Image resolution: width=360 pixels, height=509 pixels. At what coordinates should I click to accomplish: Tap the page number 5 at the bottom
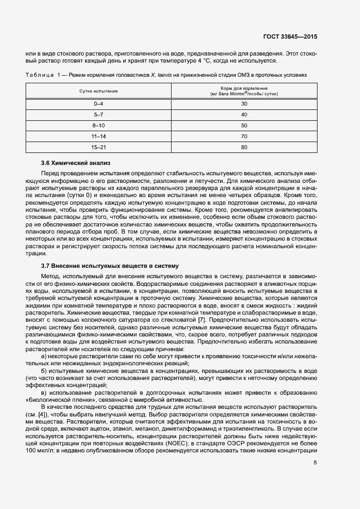(x=315, y=463)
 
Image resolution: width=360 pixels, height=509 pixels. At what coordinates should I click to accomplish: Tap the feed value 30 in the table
(x=244, y=103)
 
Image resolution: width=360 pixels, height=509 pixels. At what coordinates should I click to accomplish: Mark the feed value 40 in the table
(x=244, y=115)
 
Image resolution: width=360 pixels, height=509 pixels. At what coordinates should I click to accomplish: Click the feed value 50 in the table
(x=244, y=126)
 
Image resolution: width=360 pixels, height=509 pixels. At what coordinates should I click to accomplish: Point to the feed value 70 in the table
(x=244, y=136)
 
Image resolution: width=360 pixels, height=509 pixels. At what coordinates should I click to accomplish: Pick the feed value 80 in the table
(x=244, y=147)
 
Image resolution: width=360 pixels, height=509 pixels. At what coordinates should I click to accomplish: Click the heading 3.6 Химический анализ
(x=76, y=163)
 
